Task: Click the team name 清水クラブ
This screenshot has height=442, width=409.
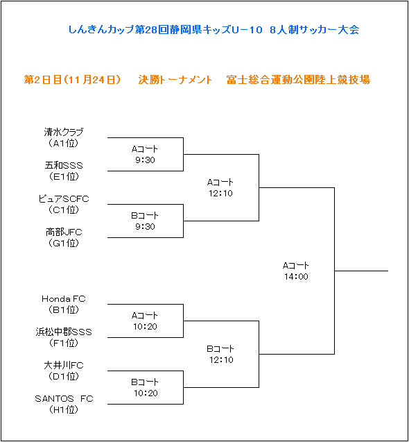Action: click(x=64, y=132)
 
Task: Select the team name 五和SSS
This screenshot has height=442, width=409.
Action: click(x=64, y=165)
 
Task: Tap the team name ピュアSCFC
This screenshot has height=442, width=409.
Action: click(x=64, y=198)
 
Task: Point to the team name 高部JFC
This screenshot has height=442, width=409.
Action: click(x=64, y=232)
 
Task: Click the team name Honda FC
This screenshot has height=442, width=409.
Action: click(x=64, y=299)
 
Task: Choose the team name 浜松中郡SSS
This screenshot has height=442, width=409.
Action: click(x=64, y=332)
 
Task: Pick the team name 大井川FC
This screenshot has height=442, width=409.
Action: click(x=64, y=365)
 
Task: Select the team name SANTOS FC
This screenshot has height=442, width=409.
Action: click(x=64, y=398)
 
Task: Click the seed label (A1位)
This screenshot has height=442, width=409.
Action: click(x=64, y=143)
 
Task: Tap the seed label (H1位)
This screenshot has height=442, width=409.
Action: click(x=64, y=409)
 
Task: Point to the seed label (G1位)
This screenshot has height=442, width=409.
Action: click(x=64, y=243)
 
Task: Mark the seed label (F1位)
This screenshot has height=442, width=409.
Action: click(x=64, y=343)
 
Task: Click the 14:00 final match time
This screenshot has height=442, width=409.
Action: click(x=296, y=277)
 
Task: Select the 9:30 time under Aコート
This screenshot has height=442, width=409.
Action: click(x=145, y=160)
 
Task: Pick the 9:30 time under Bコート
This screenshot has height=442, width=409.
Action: click(x=145, y=227)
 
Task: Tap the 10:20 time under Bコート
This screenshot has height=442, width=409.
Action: click(x=146, y=393)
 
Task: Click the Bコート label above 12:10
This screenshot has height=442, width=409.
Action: click(x=220, y=349)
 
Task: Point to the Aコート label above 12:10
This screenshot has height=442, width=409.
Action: click(x=220, y=182)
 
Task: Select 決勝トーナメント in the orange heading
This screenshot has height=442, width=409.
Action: click(x=175, y=80)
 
